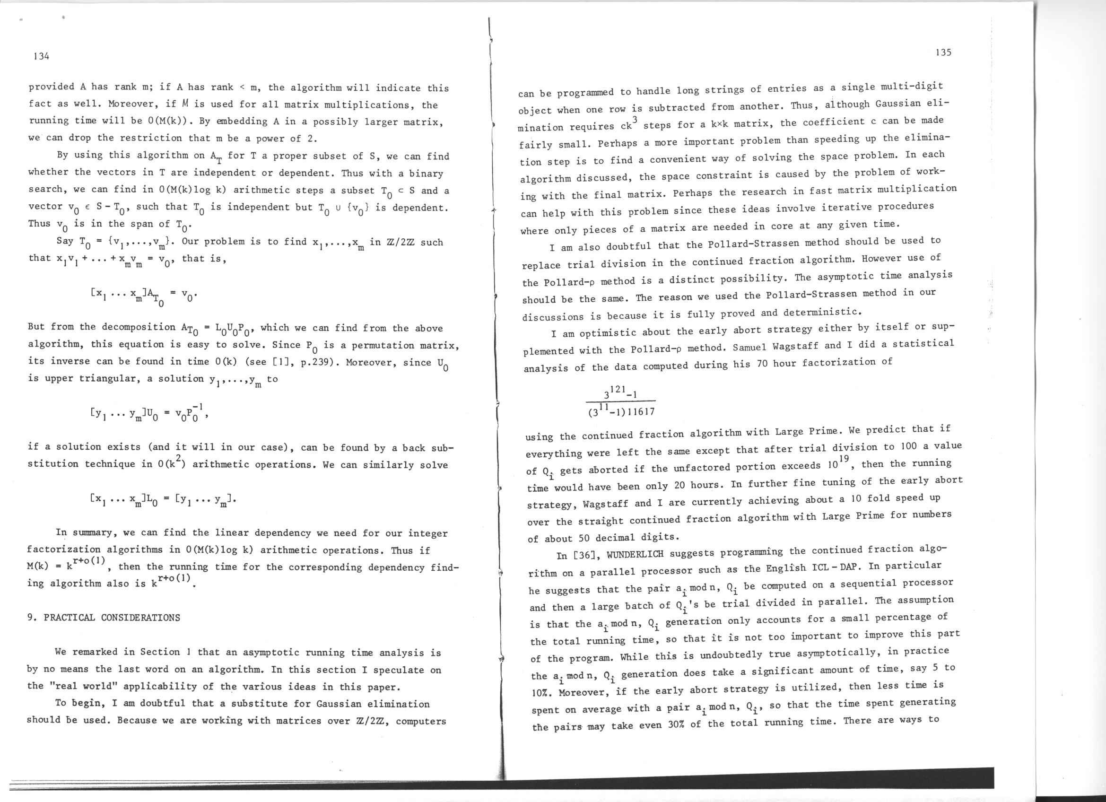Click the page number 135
click(x=943, y=52)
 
